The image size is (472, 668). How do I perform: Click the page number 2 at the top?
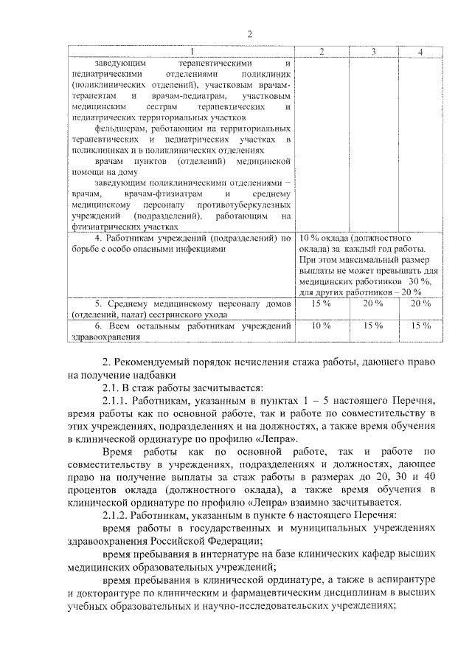click(250, 34)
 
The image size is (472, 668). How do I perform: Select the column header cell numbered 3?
click(374, 52)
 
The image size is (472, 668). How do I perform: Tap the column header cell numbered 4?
click(420, 52)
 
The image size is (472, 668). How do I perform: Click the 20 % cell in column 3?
click(374, 303)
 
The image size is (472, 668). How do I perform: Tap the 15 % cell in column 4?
click(420, 325)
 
